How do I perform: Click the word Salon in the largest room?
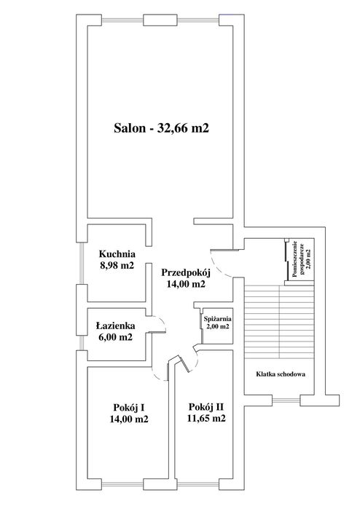pos(130,128)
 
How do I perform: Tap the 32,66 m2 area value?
pos(183,129)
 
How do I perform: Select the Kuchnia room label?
pos(117,253)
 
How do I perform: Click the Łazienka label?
pos(115,325)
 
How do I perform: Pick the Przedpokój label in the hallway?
pos(186,272)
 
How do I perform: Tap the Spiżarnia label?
pos(217,319)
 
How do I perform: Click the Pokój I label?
pos(129,407)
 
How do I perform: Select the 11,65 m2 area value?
pos(206,418)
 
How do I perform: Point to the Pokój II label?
pos(206,407)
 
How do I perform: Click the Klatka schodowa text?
pos(281,374)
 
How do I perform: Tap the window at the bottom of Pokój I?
pos(122,482)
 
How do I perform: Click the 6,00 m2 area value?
pos(115,337)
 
